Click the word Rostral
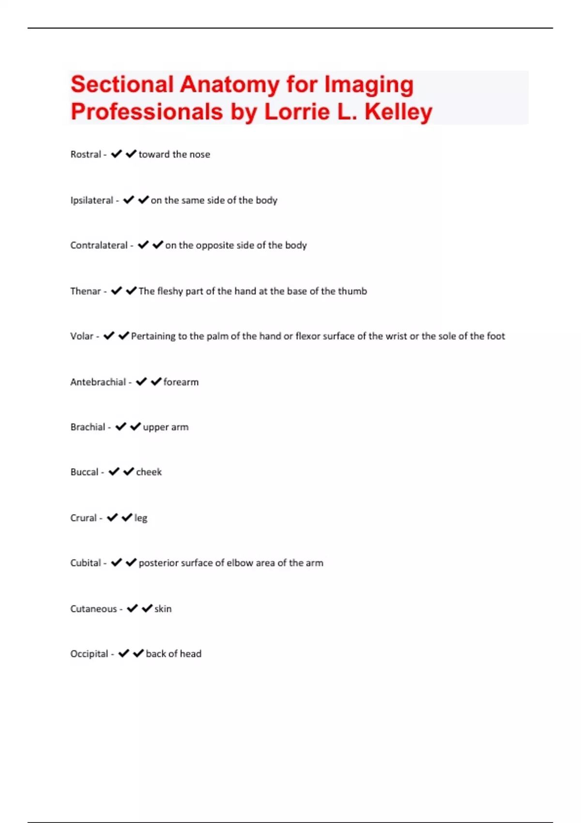coord(86,154)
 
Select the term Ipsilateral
coord(92,200)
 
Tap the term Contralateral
coord(99,245)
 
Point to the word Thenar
coord(85,291)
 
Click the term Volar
coord(81,336)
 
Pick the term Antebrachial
coord(98,382)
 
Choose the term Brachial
coord(88,427)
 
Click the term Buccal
coord(84,472)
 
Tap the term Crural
coord(83,518)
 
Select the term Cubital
coord(85,563)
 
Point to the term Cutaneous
coord(93,609)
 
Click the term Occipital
coord(89,654)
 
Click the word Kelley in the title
coord(398,112)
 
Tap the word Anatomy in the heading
coord(229,84)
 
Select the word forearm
coord(181,382)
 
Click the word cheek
coord(149,472)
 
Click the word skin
coord(163,609)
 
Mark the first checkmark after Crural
coord(112,518)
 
